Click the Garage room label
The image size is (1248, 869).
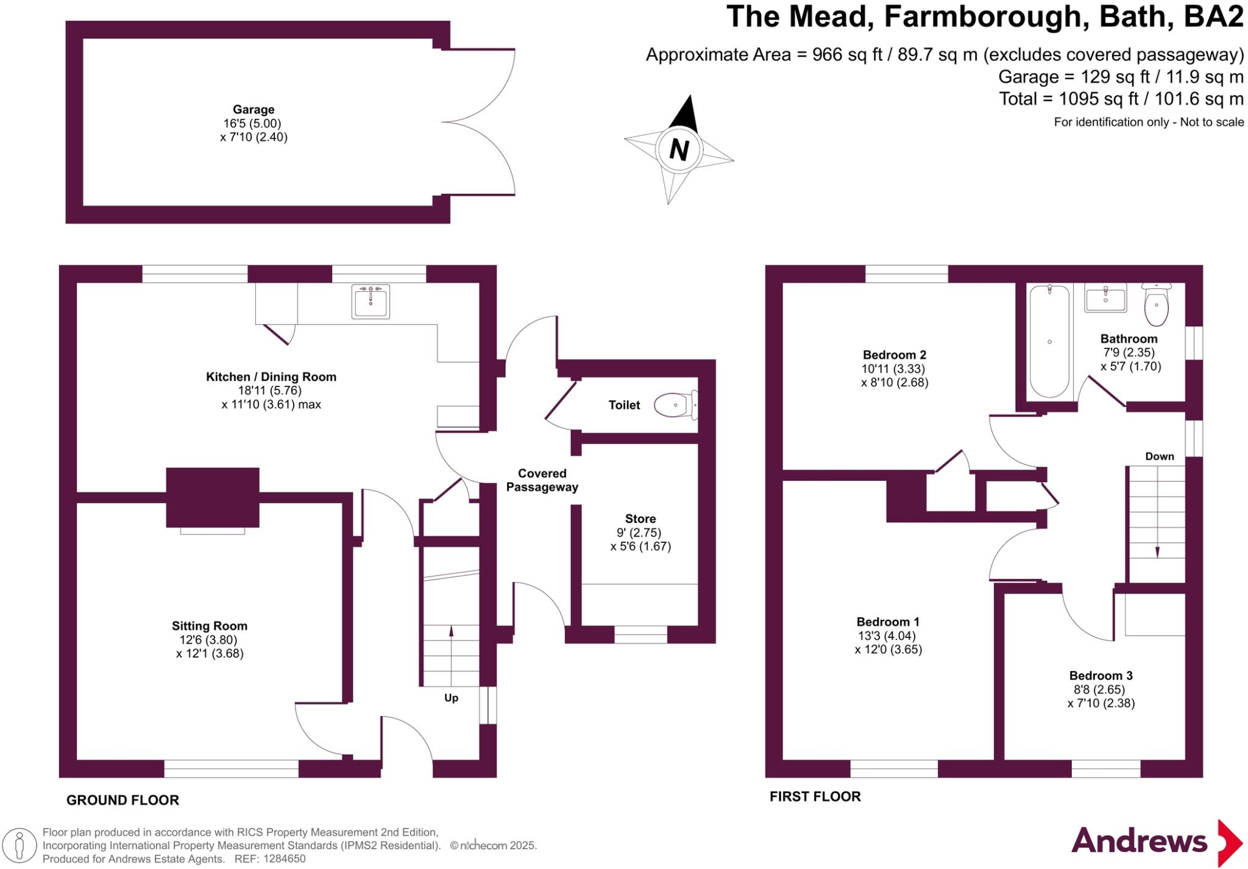[x=253, y=110]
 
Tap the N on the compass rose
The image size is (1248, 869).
[x=679, y=149]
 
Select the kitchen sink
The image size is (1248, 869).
[x=370, y=302]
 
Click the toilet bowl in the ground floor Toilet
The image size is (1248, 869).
[x=671, y=405]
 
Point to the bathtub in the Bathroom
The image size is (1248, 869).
[x=1049, y=341]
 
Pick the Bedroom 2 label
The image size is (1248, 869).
[x=894, y=355]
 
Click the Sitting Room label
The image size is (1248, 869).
[x=210, y=626]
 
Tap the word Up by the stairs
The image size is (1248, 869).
[x=451, y=698]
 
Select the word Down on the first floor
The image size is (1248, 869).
[x=1159, y=456]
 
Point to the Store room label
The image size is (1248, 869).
[x=640, y=519]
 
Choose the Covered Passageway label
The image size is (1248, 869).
[x=542, y=480]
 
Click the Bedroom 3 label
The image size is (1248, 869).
[x=1101, y=675]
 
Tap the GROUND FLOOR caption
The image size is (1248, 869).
[x=122, y=800]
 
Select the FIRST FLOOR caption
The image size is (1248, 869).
[x=815, y=796]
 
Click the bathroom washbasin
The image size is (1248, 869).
[x=1105, y=299]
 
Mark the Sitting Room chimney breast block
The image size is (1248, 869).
[x=213, y=497]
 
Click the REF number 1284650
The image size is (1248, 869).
[x=284, y=859]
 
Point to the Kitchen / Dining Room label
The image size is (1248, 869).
[x=271, y=377]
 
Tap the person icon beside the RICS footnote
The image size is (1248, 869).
[x=20, y=846]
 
